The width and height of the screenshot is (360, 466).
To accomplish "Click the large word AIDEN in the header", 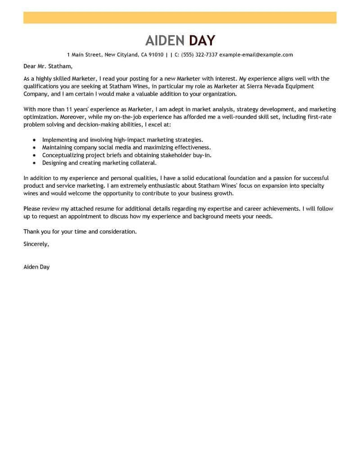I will [165, 41].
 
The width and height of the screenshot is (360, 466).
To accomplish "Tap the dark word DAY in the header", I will [202, 41].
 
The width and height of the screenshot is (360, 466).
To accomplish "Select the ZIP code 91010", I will [156, 55].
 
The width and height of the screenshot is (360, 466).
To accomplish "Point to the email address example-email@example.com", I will [256, 55].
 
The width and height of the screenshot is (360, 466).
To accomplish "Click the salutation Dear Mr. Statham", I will [47, 67].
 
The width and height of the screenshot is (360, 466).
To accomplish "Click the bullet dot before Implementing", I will [35, 140].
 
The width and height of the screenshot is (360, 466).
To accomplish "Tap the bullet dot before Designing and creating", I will [35, 163].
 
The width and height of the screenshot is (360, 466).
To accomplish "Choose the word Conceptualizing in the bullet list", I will [63, 155].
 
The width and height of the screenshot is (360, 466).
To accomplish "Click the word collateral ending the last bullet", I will [143, 163].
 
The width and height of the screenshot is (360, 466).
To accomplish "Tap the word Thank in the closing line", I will [32, 232].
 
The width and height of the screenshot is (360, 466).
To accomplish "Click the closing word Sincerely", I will [36, 244].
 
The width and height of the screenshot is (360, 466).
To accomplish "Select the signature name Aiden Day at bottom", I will [36, 267].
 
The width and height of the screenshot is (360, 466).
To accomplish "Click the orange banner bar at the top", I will [180, 18].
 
